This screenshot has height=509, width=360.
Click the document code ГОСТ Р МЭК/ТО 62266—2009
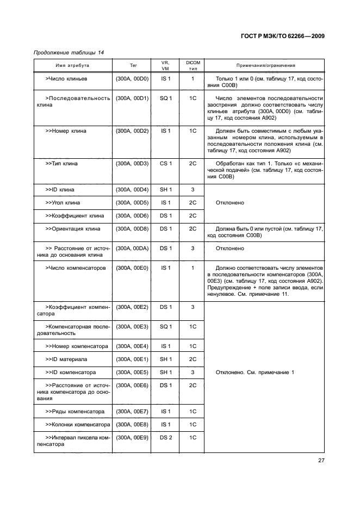pyautogui.click(x=282, y=35)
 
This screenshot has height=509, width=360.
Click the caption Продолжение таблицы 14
pyautogui.click(x=69, y=53)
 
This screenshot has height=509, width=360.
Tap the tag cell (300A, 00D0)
pyautogui.click(x=132, y=79)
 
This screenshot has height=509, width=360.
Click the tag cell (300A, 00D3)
pyautogui.click(x=132, y=164)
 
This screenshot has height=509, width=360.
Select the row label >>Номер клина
pyautogui.click(x=66, y=131)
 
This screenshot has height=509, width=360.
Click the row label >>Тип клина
pyautogui.click(x=61, y=164)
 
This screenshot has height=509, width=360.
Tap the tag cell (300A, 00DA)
pyautogui.click(x=132, y=249)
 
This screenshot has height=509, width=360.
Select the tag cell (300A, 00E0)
pyautogui.click(x=132, y=268)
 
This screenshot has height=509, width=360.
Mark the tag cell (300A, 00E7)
pyautogui.click(x=132, y=412)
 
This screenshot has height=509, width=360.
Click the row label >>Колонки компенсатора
pyautogui.click(x=78, y=425)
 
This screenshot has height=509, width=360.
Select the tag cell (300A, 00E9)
pyautogui.click(x=132, y=438)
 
